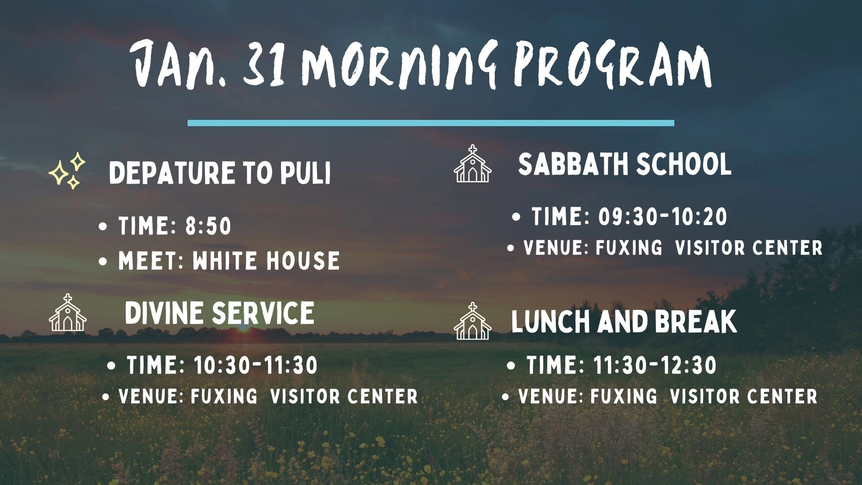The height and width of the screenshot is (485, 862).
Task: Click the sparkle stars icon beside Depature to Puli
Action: click(67, 171)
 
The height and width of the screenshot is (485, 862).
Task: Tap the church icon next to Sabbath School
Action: click(472, 163)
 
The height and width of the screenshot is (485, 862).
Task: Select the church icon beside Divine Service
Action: click(67, 313)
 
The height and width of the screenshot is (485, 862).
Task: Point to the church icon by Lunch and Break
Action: click(472, 321)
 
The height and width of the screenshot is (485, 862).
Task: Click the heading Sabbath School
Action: click(625, 164)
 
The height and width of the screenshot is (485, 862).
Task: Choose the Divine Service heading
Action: click(220, 313)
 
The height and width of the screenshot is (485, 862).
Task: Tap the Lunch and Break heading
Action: click(624, 322)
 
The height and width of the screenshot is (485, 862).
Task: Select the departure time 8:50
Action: click(208, 226)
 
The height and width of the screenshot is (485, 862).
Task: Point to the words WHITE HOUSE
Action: click(266, 261)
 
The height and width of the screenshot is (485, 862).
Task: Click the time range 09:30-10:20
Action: click(663, 217)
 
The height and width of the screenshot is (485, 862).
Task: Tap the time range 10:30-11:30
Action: click(256, 365)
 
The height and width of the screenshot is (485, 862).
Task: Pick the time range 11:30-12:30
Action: click(655, 365)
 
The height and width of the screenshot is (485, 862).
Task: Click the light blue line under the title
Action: click(431, 123)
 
